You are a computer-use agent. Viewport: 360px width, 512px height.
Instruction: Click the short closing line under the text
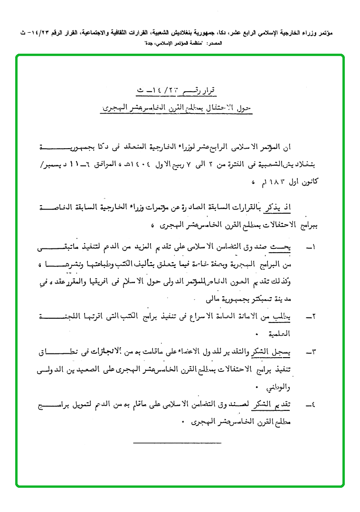[164, 443]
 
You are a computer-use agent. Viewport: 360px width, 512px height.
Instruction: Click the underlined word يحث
[298, 247]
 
